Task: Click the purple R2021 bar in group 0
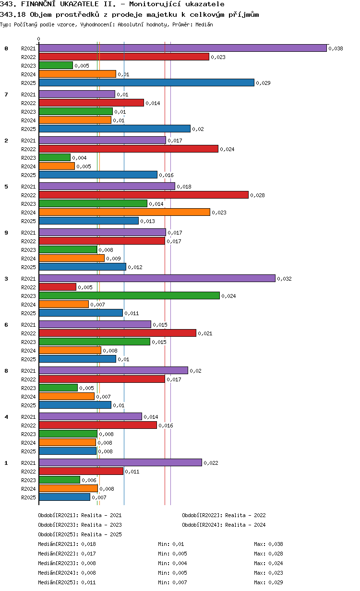[182, 48]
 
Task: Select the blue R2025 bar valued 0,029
[146, 83]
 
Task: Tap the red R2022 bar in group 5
[144, 195]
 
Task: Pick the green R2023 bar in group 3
[129, 295]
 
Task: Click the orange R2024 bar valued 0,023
[124, 212]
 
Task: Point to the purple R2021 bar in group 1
[120, 462]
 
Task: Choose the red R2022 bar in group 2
[128, 149]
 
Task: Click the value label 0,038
[336, 48]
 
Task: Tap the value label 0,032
[284, 279]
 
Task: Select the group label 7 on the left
[6, 95]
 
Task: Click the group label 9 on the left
[6, 233]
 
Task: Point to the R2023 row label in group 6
[28, 342]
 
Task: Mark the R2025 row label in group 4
[28, 451]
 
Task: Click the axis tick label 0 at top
[39, 39]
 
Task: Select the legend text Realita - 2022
[245, 515]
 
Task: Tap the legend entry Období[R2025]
[58, 534]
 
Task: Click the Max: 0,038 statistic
[268, 544]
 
